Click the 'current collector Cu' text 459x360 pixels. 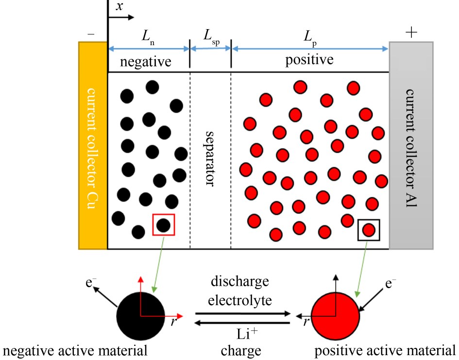93,145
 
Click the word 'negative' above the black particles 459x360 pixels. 146,62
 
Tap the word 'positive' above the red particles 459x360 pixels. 309,61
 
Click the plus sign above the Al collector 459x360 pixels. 411,33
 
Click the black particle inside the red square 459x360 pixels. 163,225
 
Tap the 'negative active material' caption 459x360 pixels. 75,350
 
